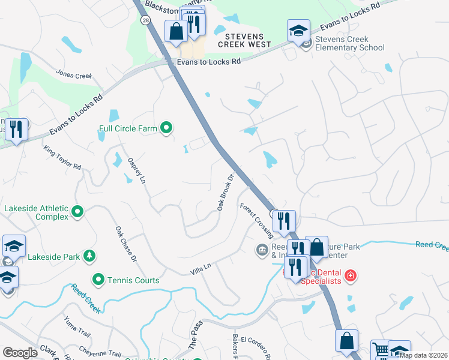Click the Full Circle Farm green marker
[167, 128]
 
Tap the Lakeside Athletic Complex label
[36, 212]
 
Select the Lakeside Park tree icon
[89, 256]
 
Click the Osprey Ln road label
[137, 170]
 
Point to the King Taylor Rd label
[62, 157]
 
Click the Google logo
[20, 353]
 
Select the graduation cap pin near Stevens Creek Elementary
[298, 31]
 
